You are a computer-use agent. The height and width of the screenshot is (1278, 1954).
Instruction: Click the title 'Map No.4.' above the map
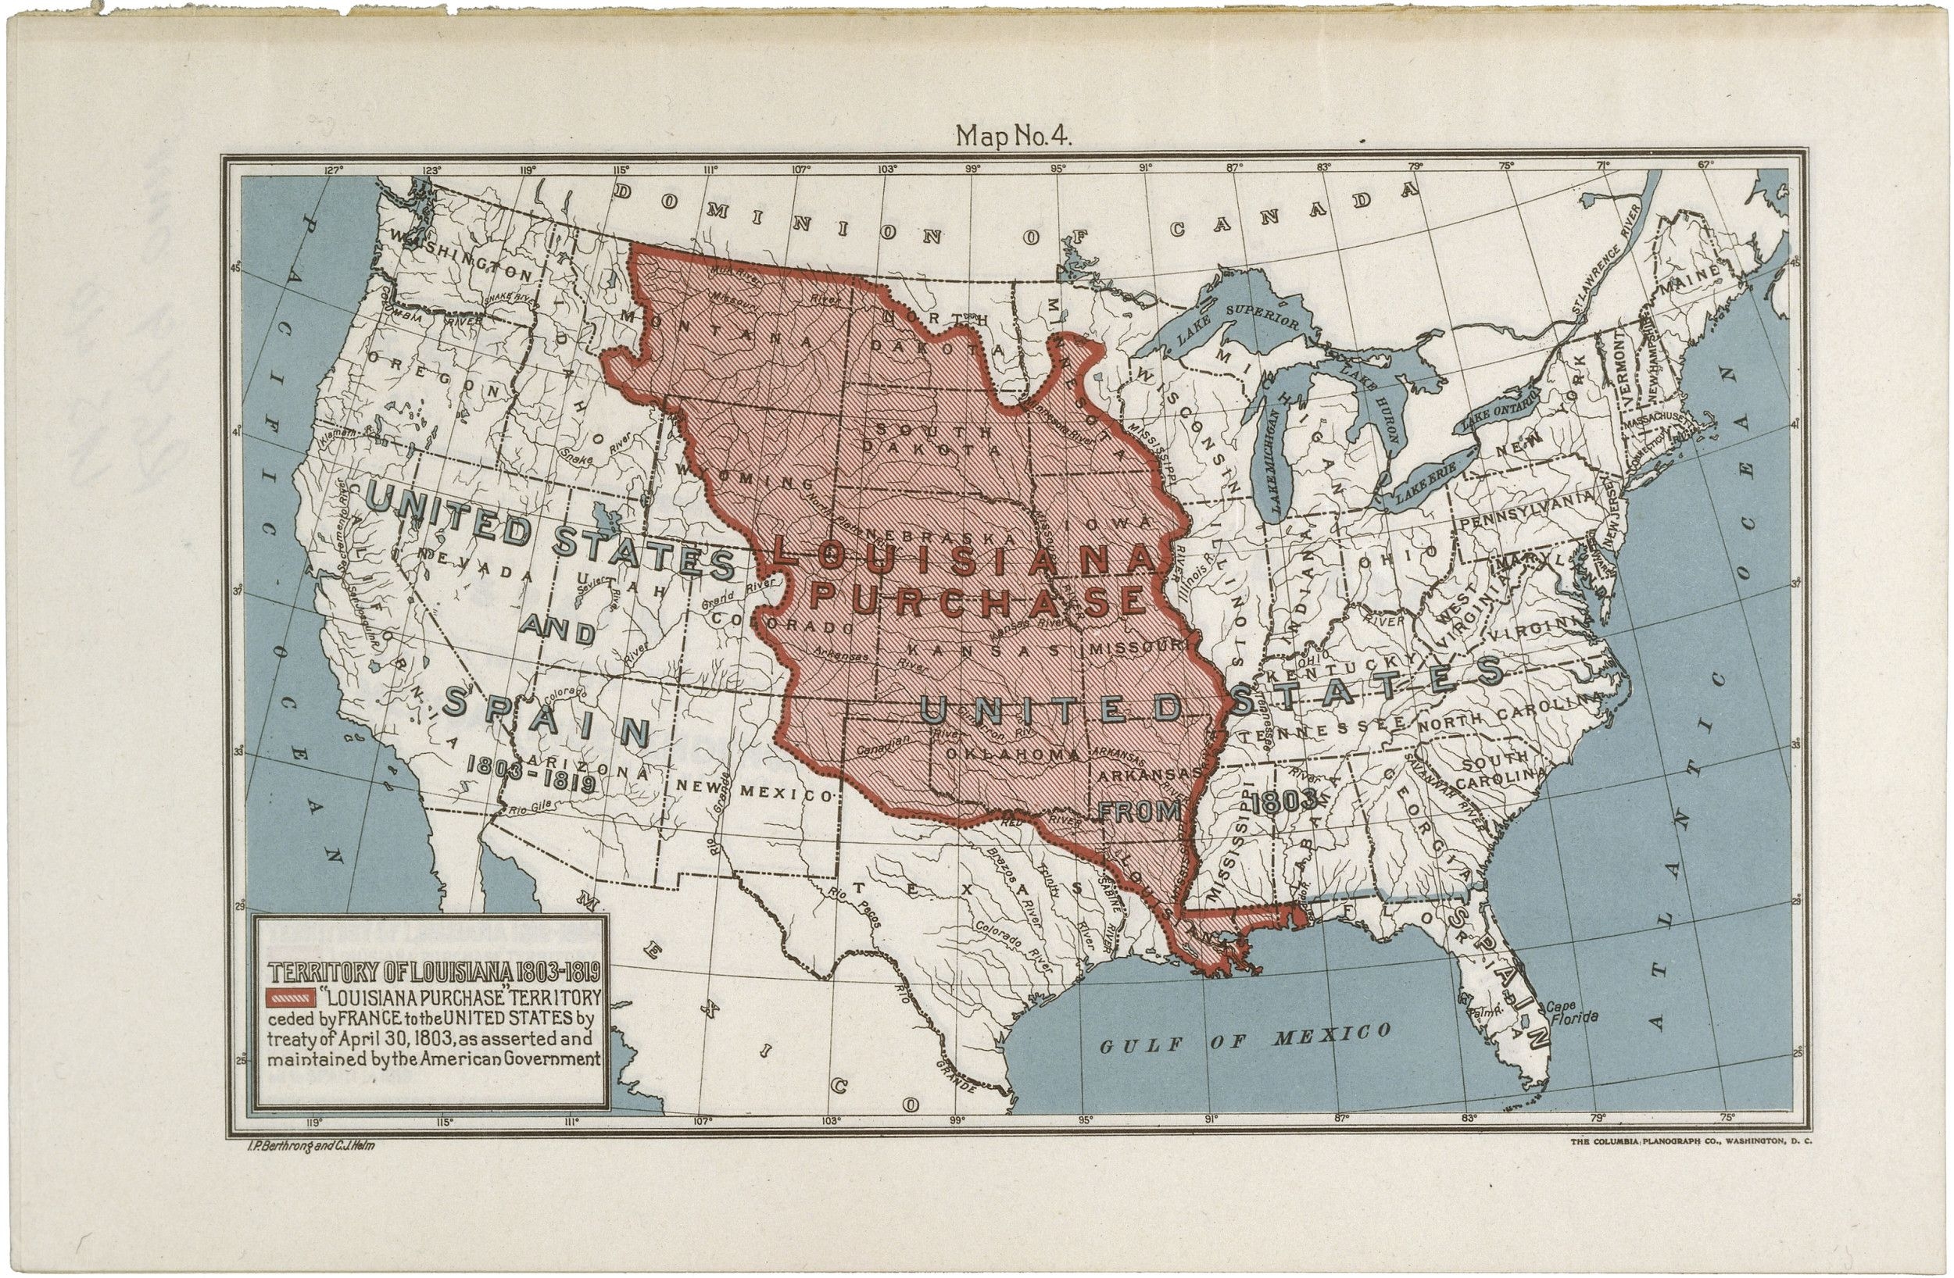coord(1013,136)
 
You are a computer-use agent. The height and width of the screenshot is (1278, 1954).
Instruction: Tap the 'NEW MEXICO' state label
coord(755,791)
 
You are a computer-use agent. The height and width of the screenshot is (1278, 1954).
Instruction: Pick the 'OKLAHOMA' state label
coord(1012,754)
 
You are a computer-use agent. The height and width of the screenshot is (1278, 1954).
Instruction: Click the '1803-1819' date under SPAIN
coord(531,774)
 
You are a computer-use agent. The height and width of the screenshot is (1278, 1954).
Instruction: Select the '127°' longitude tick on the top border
coord(332,171)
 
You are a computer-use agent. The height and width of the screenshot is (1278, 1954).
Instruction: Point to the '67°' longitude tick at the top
coord(1705,165)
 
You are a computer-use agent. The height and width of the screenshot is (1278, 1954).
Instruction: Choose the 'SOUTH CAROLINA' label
coord(1499,766)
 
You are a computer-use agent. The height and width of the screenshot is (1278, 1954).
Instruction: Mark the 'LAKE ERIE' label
coord(1424,482)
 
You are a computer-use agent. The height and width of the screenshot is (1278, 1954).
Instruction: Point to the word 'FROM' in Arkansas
coord(1139,812)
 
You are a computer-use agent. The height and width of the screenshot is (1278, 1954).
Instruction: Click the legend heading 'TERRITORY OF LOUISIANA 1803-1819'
coord(435,973)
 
